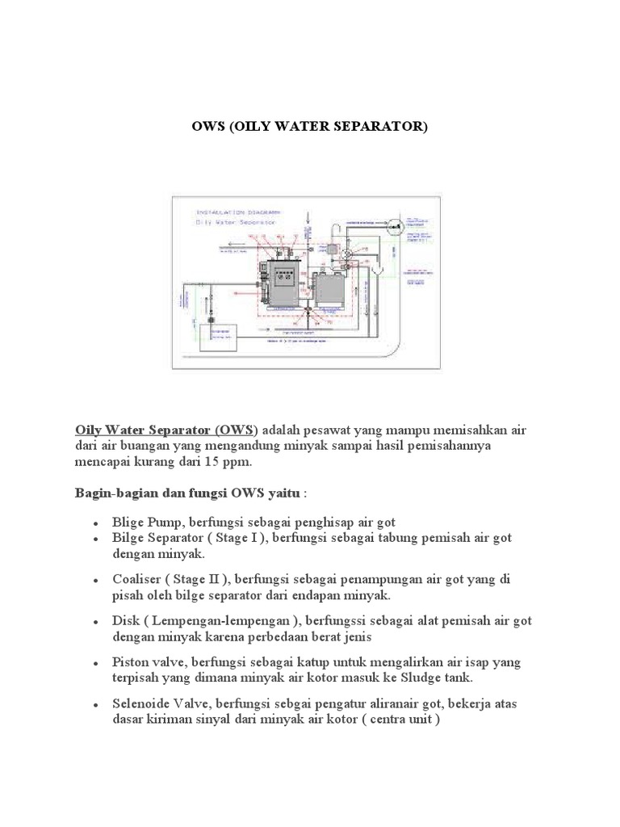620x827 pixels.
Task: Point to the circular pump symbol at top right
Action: click(394, 229)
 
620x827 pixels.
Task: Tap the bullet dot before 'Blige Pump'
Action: click(96, 523)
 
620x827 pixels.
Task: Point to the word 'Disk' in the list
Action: click(125, 621)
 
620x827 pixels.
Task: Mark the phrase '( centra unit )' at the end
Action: click(400, 720)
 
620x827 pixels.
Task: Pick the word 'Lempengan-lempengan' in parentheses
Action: click(216, 621)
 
